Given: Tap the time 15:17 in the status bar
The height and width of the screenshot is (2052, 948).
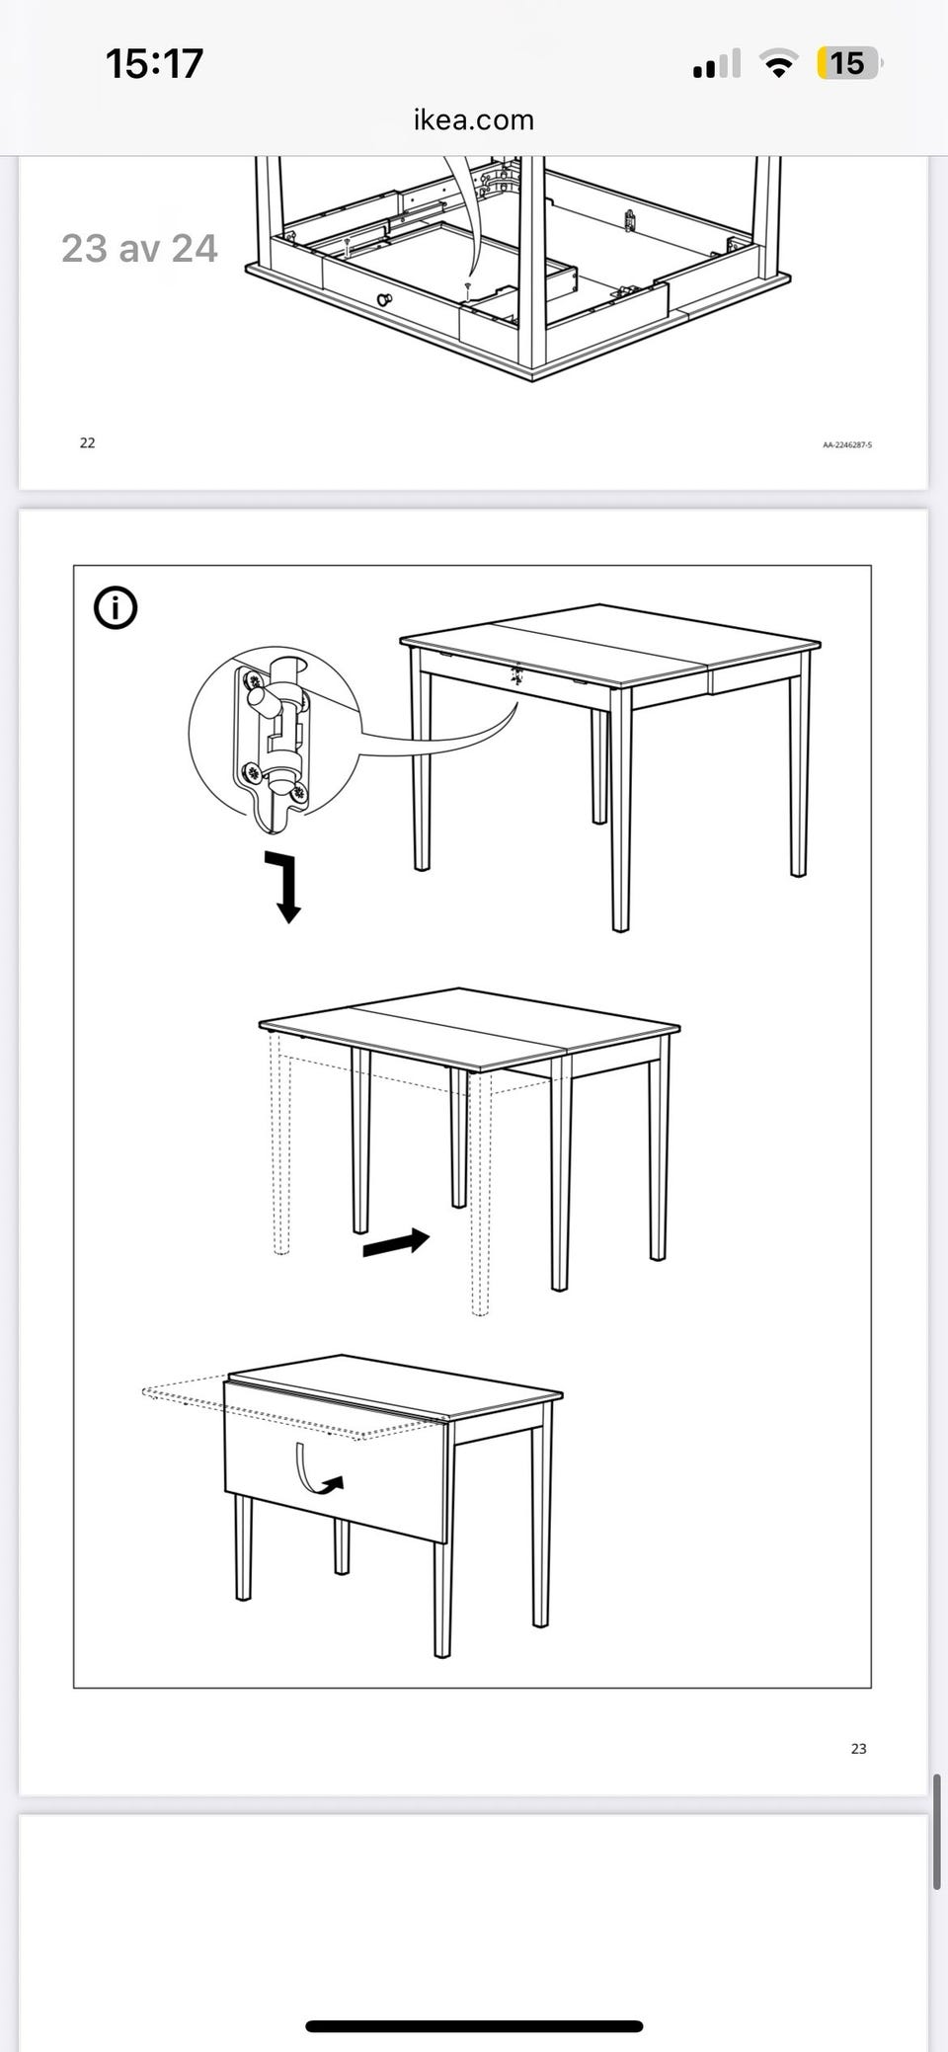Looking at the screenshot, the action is pyautogui.click(x=154, y=64).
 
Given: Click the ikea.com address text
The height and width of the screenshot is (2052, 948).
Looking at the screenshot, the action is pyautogui.click(x=474, y=119).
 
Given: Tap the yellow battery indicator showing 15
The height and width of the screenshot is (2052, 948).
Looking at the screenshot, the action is pyautogui.click(x=848, y=64).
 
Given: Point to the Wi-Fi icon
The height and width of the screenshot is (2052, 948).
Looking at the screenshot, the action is pyautogui.click(x=779, y=64).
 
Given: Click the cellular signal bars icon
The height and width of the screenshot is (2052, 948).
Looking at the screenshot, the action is pyautogui.click(x=717, y=64).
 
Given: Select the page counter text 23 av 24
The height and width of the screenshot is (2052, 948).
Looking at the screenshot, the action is pyautogui.click(x=139, y=248).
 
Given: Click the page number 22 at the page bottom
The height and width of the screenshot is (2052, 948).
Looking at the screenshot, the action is pyautogui.click(x=88, y=442).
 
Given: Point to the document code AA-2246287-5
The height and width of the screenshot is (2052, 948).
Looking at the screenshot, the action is pyautogui.click(x=847, y=445).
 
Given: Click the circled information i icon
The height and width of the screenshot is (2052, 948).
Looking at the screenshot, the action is pyautogui.click(x=116, y=607).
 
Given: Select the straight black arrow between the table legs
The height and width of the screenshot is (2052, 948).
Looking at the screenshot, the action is pyautogui.click(x=396, y=1243).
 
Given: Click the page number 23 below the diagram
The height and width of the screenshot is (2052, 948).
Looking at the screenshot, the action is pyautogui.click(x=859, y=1748).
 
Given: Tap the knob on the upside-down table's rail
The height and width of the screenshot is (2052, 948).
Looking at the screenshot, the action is pyautogui.click(x=384, y=299).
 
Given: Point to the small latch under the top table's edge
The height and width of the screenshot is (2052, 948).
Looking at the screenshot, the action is pyautogui.click(x=515, y=675).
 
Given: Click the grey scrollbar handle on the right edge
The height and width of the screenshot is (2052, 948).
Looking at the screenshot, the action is pyautogui.click(x=936, y=1831).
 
